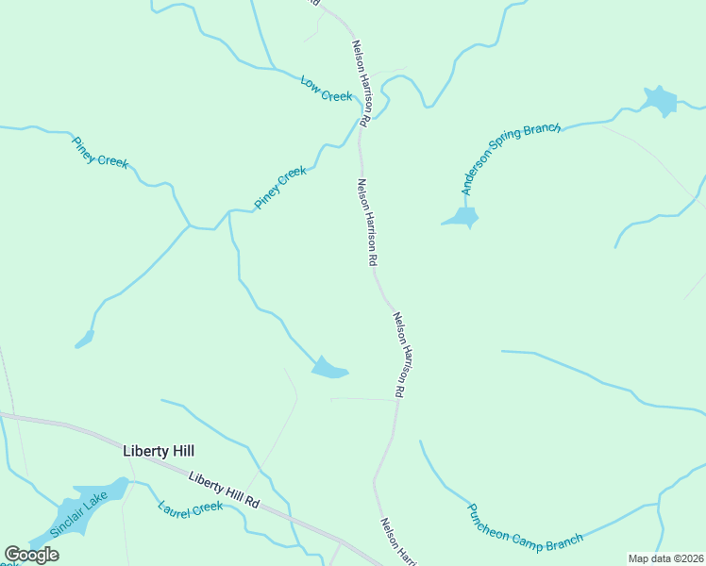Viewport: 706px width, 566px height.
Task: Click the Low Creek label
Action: coord(326,90)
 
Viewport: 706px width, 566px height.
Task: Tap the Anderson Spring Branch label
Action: coord(510,158)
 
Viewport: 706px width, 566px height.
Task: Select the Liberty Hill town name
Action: coord(159,451)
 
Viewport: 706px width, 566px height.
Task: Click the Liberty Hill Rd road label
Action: coord(224,491)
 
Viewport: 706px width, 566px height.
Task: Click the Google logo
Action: coord(31,555)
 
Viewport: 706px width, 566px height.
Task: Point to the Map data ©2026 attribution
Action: coord(665,558)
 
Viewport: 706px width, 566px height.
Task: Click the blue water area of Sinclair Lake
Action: coord(94,497)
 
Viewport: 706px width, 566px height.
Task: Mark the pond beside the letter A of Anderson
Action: coord(462,219)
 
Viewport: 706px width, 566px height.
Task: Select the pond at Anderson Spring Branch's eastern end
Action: coord(660,100)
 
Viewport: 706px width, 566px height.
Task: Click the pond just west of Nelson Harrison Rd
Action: coord(328,368)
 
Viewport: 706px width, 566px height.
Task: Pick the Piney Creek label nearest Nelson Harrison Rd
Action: coord(280,188)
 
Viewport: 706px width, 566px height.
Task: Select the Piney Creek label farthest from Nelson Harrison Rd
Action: coord(100,152)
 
